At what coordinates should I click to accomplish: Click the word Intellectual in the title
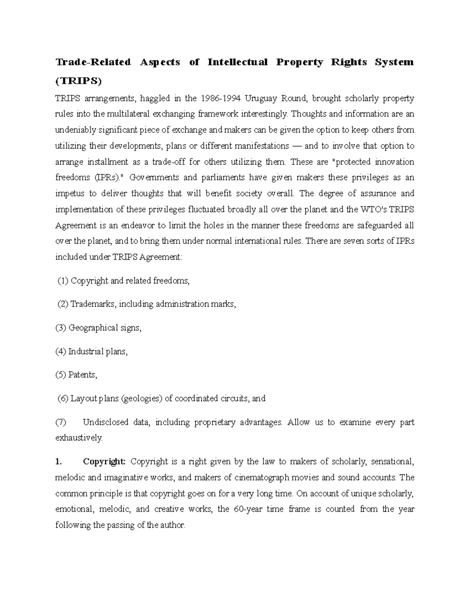point(237,62)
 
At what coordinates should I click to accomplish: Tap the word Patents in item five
point(82,375)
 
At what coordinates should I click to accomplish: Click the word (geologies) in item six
point(142,399)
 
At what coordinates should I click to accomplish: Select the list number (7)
point(61,422)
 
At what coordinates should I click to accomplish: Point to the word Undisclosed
point(106,422)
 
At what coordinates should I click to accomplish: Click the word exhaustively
point(79,438)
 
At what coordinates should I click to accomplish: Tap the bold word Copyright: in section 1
point(104,462)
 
